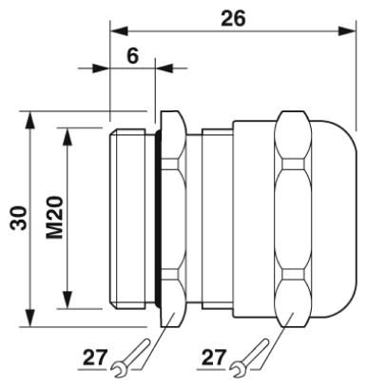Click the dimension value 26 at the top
233,18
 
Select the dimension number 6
133,56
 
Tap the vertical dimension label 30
18,218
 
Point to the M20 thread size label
54,218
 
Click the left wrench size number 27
95,358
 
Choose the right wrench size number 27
214,358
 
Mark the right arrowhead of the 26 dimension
347,31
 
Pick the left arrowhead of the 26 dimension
119,31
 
